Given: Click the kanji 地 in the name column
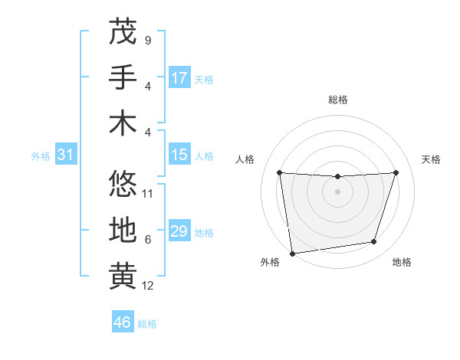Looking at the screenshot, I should [x=123, y=229].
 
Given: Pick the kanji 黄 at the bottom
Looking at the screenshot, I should [x=123, y=276].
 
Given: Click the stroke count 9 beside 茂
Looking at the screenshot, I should [x=147, y=39].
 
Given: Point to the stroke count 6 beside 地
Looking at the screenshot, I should [x=147, y=240].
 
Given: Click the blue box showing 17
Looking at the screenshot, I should [x=179, y=78].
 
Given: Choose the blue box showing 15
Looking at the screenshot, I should [x=179, y=155].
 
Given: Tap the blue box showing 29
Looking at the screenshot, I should [x=179, y=231].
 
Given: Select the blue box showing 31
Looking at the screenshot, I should [x=65, y=155].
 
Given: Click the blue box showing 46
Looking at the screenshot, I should [x=123, y=322].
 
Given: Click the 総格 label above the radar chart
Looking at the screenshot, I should [x=337, y=100].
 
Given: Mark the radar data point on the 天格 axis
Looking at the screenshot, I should [x=396, y=172].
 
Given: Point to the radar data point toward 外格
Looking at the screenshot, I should [x=292, y=253].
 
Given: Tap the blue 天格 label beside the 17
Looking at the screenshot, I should [x=204, y=79].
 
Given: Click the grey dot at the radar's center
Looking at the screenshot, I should [x=337, y=191].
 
